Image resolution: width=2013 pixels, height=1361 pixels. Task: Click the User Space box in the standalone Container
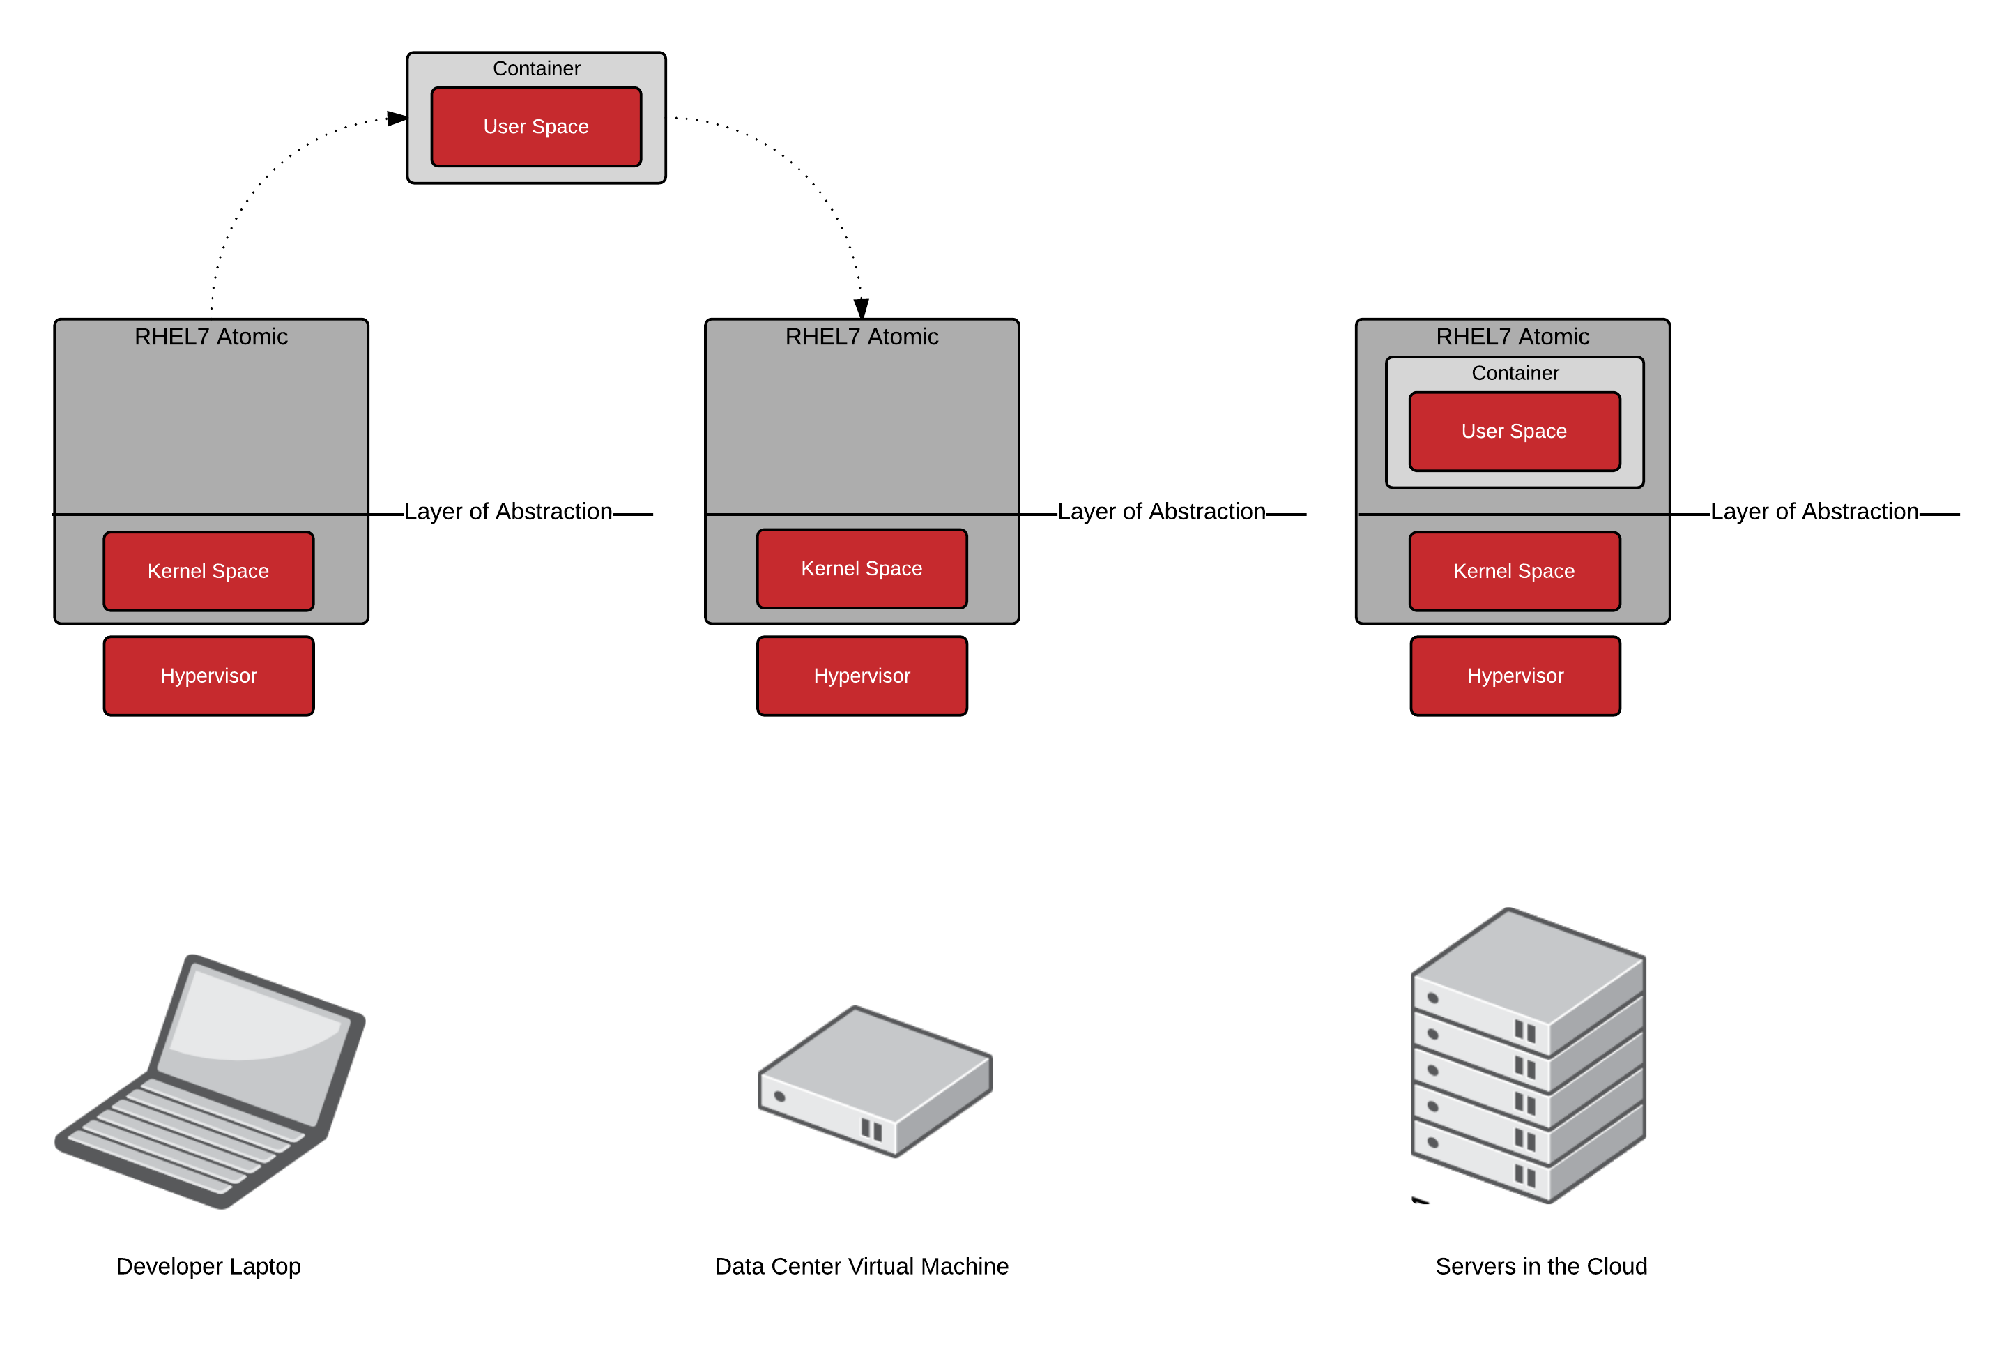(536, 126)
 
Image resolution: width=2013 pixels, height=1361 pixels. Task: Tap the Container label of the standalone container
(536, 68)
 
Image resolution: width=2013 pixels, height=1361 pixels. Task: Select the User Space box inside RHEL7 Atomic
(1514, 432)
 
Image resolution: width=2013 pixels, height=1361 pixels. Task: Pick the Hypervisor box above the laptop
(208, 676)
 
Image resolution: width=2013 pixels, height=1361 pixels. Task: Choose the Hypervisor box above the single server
(862, 676)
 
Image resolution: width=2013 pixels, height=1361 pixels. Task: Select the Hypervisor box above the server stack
(1515, 676)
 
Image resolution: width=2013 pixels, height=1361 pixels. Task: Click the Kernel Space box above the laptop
(208, 571)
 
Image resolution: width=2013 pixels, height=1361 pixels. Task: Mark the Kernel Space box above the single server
(862, 568)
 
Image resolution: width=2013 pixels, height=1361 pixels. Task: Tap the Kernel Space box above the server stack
(1514, 571)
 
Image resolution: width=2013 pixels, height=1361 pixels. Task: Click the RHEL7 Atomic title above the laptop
(211, 337)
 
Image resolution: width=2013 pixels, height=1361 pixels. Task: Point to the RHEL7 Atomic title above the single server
(862, 337)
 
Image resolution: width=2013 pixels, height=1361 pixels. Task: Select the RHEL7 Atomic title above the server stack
(1513, 337)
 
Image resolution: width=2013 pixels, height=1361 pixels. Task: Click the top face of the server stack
(1529, 961)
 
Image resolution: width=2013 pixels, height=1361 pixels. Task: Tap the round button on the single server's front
(779, 1097)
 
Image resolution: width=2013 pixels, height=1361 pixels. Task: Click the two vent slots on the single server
(871, 1129)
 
